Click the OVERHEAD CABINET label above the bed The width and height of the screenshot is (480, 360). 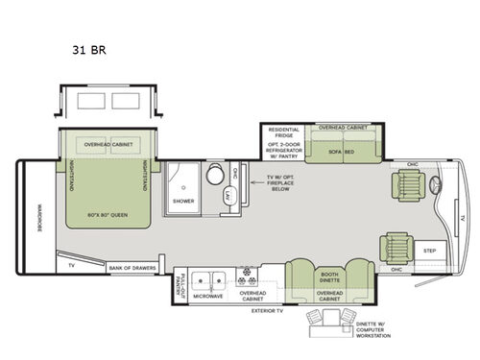coord(107,144)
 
